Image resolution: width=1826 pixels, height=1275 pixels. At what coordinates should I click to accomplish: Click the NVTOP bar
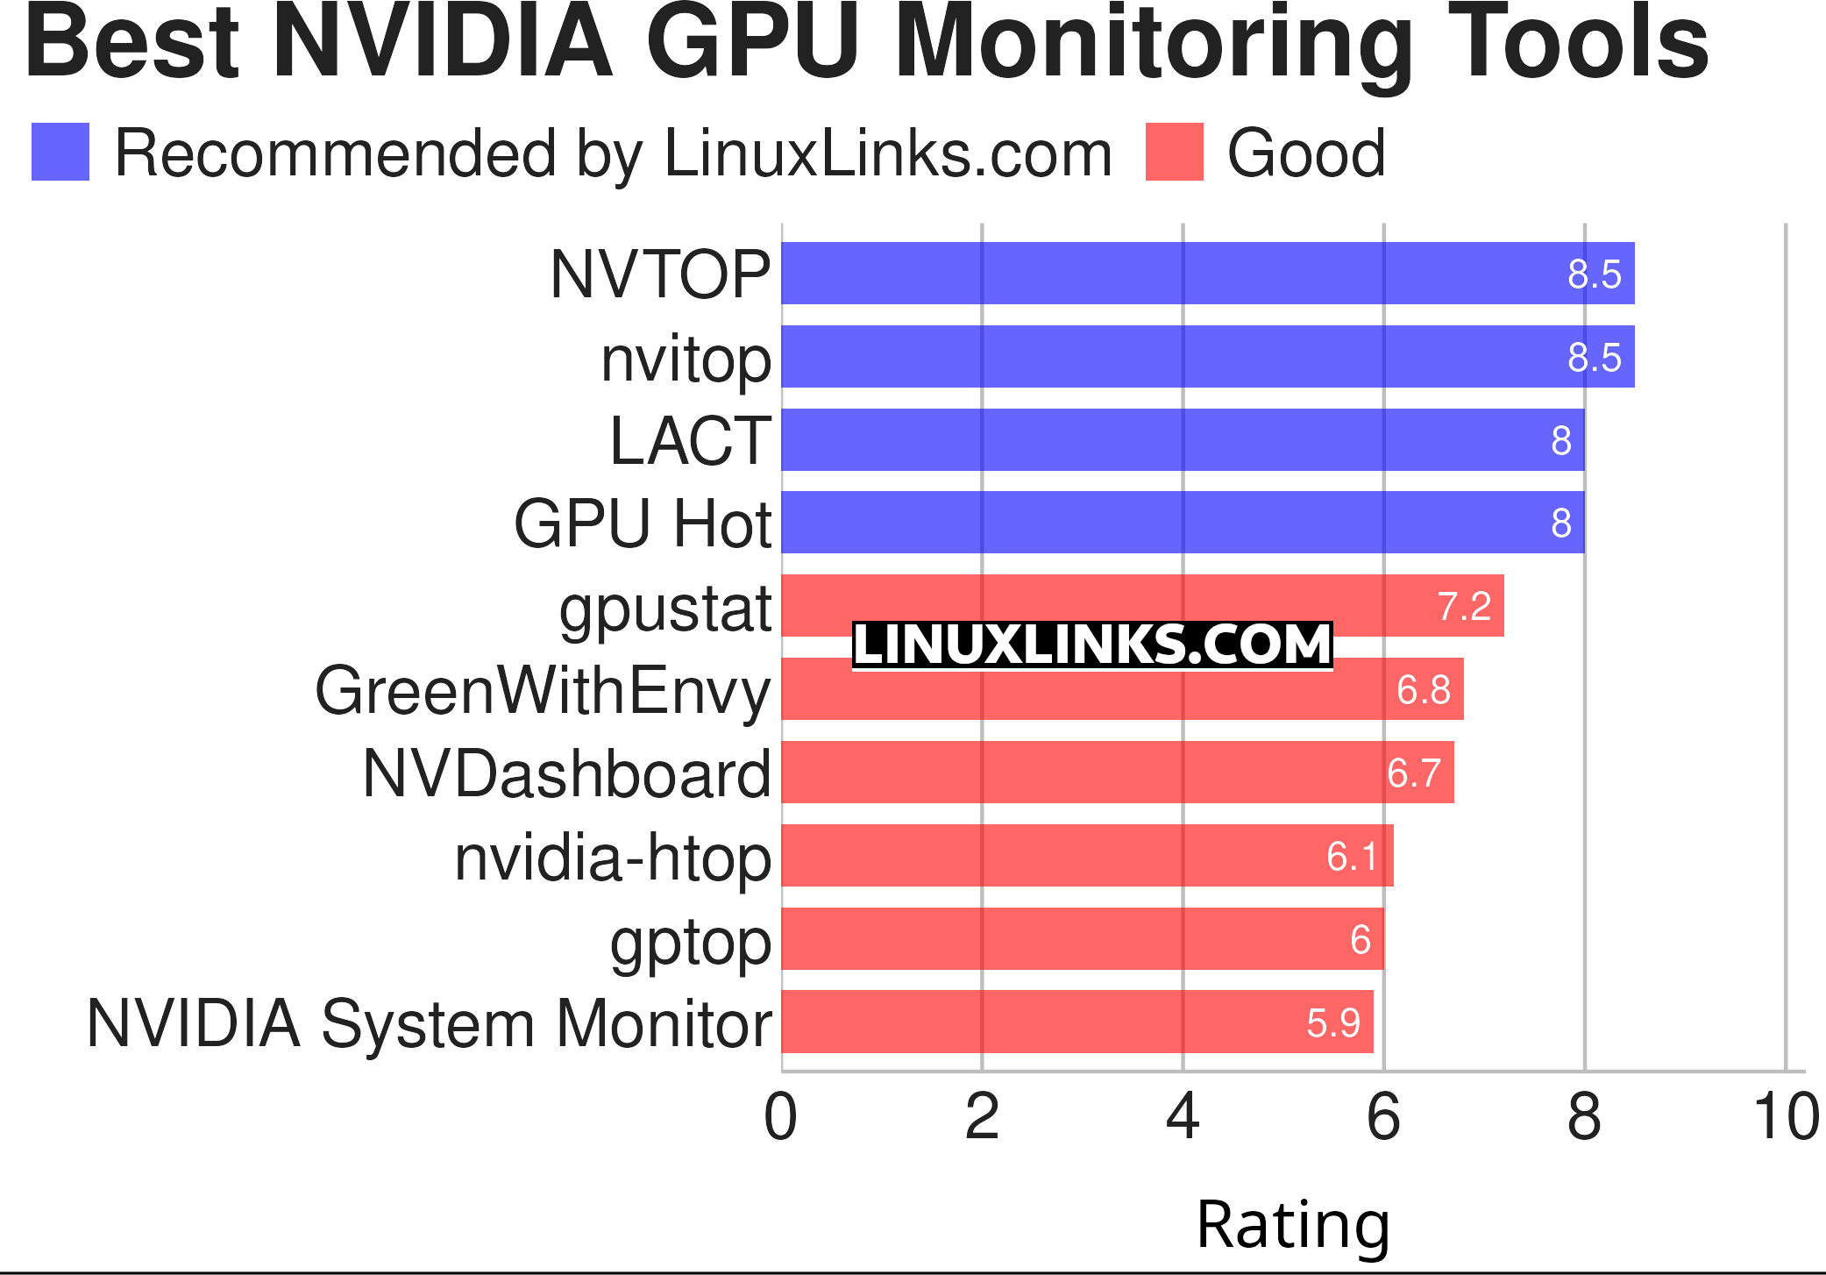click(x=1207, y=274)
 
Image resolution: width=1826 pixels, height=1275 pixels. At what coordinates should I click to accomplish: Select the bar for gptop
click(x=1082, y=939)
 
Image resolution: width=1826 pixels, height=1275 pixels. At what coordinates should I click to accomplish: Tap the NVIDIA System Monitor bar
click(x=1076, y=1022)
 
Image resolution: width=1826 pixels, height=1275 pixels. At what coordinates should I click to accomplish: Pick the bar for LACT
click(x=1183, y=440)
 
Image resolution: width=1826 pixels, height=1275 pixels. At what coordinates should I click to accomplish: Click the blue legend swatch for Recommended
click(x=60, y=153)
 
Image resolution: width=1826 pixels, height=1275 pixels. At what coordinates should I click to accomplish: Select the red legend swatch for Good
click(x=1174, y=153)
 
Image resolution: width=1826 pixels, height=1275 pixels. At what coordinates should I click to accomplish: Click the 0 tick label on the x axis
click(x=781, y=1118)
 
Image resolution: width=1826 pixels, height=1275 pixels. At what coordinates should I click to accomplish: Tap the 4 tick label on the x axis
click(x=1183, y=1118)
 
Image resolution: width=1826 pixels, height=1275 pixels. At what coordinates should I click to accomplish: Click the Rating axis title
click(x=1293, y=1224)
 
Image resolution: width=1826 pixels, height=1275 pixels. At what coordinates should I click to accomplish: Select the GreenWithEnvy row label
click(x=543, y=691)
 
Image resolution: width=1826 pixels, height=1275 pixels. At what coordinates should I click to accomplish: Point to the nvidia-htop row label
click(x=613, y=858)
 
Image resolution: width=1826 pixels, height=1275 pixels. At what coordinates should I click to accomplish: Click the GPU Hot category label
click(x=643, y=524)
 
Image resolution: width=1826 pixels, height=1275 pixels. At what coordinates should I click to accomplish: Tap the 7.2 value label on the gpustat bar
click(x=1464, y=607)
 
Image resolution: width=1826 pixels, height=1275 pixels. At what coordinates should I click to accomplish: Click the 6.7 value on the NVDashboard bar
click(x=1414, y=773)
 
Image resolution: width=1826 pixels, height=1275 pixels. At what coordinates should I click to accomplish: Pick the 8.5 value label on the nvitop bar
click(x=1594, y=358)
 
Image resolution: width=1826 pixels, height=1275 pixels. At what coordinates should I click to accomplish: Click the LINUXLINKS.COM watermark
click(x=1092, y=645)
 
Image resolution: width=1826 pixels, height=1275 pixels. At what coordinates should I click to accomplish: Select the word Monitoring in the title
click(x=1155, y=44)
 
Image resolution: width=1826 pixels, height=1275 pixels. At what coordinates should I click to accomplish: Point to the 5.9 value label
click(x=1332, y=1023)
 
